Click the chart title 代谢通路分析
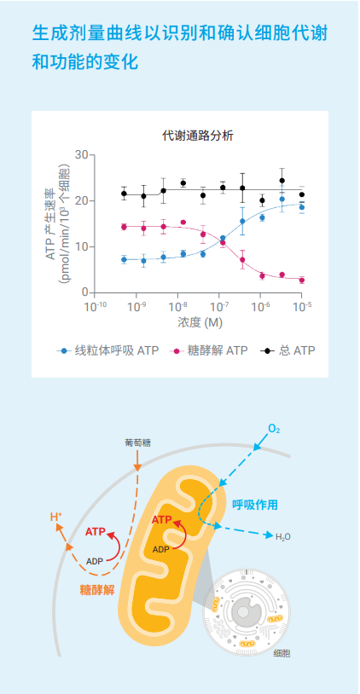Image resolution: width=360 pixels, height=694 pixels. (x=198, y=135)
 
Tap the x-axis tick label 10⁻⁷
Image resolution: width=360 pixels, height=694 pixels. (x=218, y=304)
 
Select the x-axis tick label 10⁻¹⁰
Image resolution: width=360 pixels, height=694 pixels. (x=95, y=304)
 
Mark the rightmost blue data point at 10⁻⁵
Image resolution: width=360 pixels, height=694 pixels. (x=302, y=207)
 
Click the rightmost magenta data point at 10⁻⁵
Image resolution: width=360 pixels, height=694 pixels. (x=302, y=280)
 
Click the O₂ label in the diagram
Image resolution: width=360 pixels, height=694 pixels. (x=273, y=428)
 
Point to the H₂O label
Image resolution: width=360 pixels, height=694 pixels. (x=282, y=537)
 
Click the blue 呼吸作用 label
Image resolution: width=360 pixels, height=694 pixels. (x=255, y=505)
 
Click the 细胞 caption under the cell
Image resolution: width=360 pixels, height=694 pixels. (x=282, y=653)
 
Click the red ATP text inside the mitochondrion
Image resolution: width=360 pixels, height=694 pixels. (x=163, y=520)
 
